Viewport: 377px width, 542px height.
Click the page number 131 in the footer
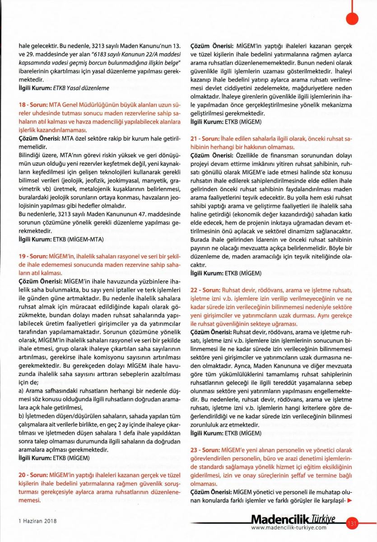352,523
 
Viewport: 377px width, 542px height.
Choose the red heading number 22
195,289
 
